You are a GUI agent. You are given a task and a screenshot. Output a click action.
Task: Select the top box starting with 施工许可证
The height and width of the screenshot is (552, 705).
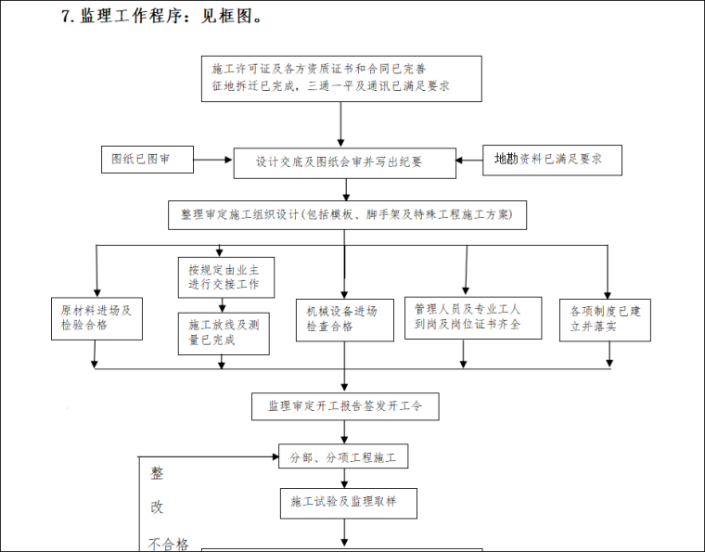[341, 78]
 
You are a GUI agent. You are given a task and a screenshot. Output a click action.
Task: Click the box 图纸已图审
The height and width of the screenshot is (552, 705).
[147, 160]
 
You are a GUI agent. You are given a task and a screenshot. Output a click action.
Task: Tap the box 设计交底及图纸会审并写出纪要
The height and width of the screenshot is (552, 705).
[344, 162]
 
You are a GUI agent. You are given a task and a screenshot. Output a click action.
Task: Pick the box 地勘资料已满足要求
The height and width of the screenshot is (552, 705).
[551, 160]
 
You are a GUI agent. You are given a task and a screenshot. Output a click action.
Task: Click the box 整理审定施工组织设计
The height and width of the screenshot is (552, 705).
[347, 214]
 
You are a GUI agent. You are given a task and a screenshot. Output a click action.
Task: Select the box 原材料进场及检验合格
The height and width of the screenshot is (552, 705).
[96, 318]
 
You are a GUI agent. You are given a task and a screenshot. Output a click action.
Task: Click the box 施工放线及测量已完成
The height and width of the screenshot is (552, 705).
[224, 333]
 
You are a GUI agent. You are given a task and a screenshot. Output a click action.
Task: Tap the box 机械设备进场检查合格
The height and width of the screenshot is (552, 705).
[343, 319]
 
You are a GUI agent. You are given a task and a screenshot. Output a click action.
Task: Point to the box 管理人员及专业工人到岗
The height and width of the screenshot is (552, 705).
[473, 317]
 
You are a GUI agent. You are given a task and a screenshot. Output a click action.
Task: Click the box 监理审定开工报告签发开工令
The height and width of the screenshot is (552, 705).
[345, 405]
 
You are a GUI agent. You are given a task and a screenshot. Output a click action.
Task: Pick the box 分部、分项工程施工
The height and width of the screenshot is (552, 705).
[343, 457]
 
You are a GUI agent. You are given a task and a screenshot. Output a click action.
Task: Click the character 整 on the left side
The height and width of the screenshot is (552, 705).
[158, 472]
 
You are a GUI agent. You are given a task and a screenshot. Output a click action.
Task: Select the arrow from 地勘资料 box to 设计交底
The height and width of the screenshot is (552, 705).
[468, 160]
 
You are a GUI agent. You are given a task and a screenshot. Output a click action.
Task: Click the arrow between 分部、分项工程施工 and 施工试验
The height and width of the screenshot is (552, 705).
[345, 479]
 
